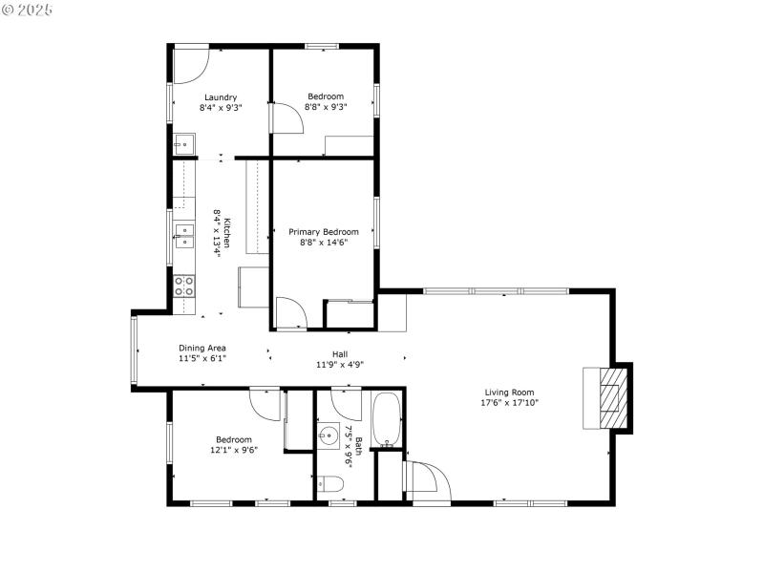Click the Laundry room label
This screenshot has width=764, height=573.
coord(221,96)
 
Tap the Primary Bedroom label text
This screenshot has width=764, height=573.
coord(324,232)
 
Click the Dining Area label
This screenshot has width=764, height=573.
coord(202,348)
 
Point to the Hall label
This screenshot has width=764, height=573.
coord(339,354)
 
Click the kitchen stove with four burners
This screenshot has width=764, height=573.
coord(184,286)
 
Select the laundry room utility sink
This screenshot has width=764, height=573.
coord(183,144)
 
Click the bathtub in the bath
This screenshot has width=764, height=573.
coord(387,419)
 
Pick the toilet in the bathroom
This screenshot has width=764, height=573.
coord(327,483)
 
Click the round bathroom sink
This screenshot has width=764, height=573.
coord(328,437)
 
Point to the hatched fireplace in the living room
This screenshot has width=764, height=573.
coord(608,396)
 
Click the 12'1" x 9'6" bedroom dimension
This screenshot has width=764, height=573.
coord(234,450)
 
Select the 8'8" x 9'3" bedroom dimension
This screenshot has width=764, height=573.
coord(326,107)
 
